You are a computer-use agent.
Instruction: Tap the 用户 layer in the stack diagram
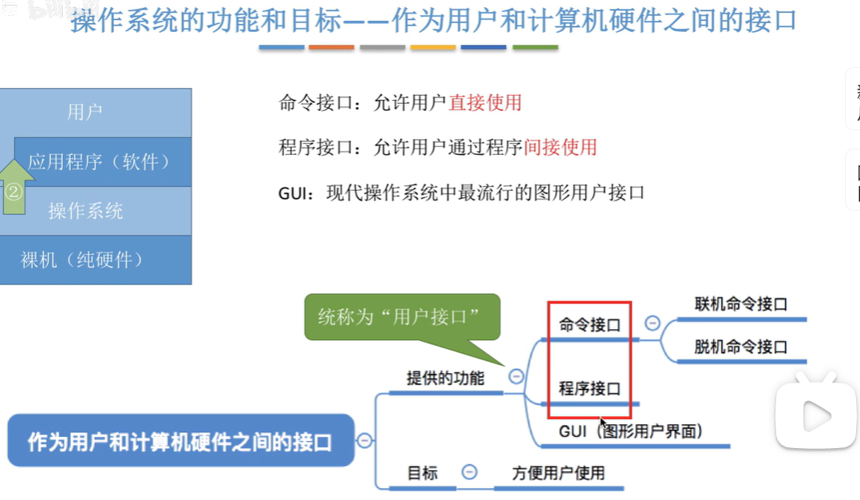point(85,112)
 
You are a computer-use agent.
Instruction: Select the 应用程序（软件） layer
point(101,162)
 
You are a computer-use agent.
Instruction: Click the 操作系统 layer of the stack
point(86,211)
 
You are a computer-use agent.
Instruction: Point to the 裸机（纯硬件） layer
point(83,260)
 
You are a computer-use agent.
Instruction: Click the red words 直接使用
point(485,102)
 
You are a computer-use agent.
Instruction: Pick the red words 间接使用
point(561,147)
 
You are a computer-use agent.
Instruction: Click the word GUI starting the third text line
point(292,192)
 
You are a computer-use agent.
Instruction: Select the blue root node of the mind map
point(180,441)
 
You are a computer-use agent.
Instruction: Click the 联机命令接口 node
point(740,304)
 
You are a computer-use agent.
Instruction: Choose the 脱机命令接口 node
point(740,347)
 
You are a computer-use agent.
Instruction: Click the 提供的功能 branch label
point(445,378)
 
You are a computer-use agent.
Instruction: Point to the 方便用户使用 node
point(558,473)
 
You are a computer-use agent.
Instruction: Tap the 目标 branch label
point(422,473)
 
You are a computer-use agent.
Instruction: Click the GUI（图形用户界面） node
point(630,431)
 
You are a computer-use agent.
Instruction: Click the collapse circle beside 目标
point(470,472)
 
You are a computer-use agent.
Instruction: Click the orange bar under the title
point(331,47)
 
